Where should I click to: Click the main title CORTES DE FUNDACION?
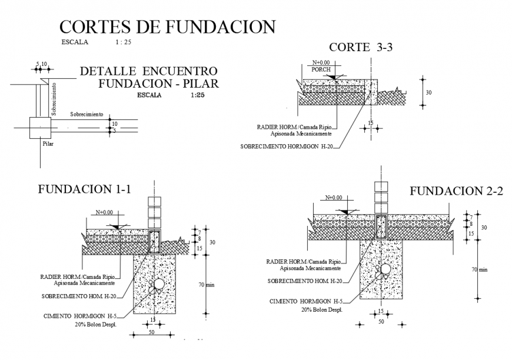168,27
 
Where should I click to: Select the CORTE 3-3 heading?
360,48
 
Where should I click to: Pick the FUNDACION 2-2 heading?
456,191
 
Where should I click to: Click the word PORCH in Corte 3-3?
321,69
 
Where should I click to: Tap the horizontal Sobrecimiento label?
87,114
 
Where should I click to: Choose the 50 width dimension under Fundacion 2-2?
381,322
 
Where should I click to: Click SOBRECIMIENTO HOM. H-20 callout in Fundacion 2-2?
305,281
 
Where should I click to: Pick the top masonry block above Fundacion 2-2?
381,187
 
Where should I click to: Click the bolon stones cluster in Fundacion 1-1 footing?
158,286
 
